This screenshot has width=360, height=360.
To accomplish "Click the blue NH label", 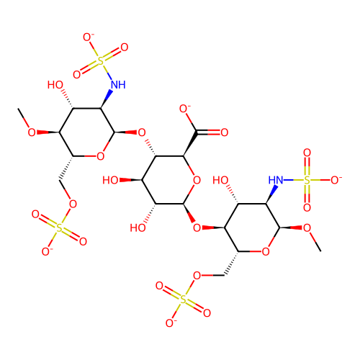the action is click(x=118, y=84).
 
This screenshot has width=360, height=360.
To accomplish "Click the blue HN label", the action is click(x=276, y=180).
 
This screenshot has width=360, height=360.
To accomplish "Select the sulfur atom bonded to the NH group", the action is click(x=101, y=60).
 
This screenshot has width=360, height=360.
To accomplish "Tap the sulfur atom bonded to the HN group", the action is click(x=307, y=180).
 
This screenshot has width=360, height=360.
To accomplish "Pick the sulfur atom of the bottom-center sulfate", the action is click(x=183, y=300).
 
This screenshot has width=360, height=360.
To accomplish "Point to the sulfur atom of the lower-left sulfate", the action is click(x=59, y=228).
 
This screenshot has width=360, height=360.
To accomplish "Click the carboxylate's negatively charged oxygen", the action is click(x=184, y=109).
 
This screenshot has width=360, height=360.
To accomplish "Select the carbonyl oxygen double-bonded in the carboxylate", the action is click(x=224, y=132).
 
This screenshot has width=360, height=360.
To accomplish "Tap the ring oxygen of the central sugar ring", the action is click(x=197, y=180).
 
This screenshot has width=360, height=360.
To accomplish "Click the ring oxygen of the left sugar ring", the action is click(x=101, y=156).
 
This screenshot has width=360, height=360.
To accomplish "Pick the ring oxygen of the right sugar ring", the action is click(x=266, y=251).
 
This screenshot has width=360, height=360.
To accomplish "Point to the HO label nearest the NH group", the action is click(x=55, y=85).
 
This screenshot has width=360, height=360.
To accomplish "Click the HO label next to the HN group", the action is click(x=220, y=180).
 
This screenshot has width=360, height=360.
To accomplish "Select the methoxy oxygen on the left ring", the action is click(x=32, y=132).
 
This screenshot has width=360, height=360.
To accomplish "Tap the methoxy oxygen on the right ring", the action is click(x=307, y=228).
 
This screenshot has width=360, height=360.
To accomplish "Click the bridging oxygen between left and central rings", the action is click(x=142, y=132).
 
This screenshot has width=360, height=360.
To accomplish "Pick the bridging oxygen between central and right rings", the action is click(x=197, y=228).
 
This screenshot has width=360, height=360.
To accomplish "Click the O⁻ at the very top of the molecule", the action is click(x=88, y=37).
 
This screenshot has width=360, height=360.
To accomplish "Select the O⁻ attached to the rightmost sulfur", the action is click(x=336, y=180).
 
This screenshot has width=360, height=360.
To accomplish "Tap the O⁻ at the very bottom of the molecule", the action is click(x=171, y=323).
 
